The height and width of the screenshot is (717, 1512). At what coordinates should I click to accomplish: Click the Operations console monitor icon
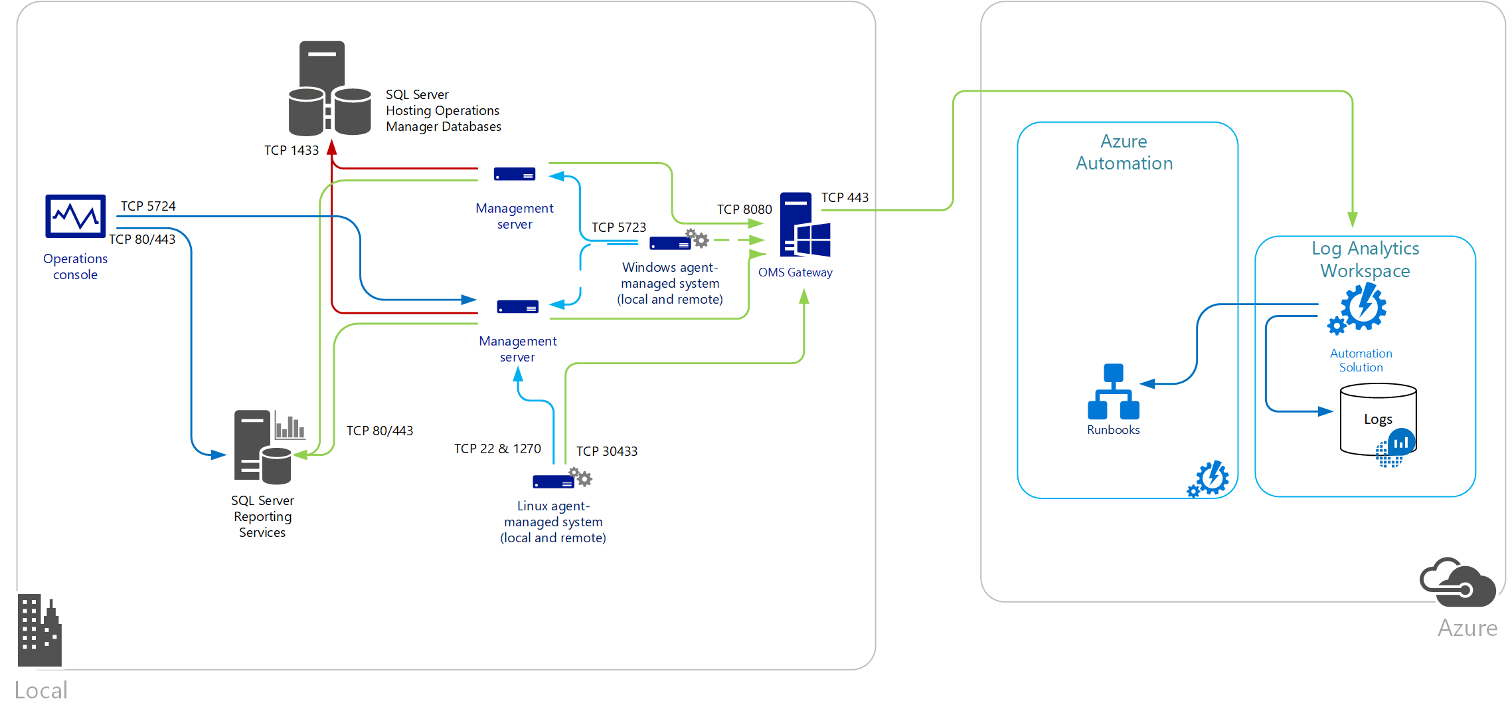[75, 216]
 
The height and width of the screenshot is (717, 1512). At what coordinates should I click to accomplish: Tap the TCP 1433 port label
[292, 151]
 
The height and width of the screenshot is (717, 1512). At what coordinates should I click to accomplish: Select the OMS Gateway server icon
[805, 225]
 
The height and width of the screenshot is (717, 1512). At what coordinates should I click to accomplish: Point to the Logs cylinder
[1378, 420]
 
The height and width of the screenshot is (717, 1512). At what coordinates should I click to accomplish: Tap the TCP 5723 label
[618, 228]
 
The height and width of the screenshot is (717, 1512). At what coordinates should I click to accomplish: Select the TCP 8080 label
[744, 210]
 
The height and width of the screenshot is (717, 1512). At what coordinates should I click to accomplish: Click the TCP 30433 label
[606, 452]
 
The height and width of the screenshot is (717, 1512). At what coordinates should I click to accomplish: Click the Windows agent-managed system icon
[678, 242]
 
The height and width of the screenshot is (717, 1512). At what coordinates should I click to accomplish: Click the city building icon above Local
[39, 631]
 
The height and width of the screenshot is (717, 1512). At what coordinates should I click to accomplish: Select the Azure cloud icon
[1458, 583]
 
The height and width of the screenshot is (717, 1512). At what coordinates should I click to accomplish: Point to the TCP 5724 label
[148, 207]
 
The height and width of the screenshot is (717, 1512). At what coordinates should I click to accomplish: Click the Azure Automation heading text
[1124, 153]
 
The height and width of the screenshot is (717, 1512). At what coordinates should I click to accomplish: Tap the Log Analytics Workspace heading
[1365, 260]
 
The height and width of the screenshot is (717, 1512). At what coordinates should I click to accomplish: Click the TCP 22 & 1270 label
[497, 449]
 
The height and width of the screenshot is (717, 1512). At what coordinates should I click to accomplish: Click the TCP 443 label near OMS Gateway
[845, 198]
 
